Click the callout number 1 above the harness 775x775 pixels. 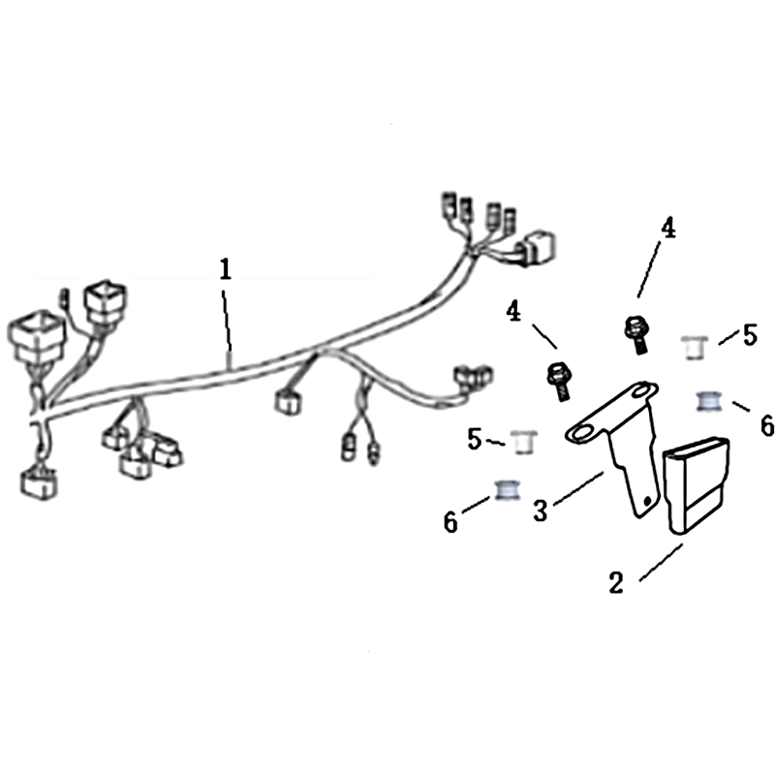coord(226,270)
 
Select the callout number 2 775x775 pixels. coord(616,583)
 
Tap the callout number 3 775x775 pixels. coord(541,511)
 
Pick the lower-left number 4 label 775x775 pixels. coord(514,312)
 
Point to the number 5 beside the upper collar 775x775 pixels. coord(750,335)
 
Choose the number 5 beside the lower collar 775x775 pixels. coord(475,439)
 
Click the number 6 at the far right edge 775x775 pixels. coord(767,425)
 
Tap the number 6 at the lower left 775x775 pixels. coord(450,522)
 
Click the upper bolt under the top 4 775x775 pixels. coord(636,334)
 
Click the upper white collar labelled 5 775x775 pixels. coord(694,348)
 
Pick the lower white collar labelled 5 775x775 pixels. coord(524,442)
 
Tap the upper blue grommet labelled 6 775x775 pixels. coord(709,401)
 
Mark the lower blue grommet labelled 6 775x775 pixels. coord(508,490)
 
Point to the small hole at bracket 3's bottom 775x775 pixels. coord(647,501)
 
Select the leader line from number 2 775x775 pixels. coord(662,562)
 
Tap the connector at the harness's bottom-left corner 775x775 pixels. coord(39,483)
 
